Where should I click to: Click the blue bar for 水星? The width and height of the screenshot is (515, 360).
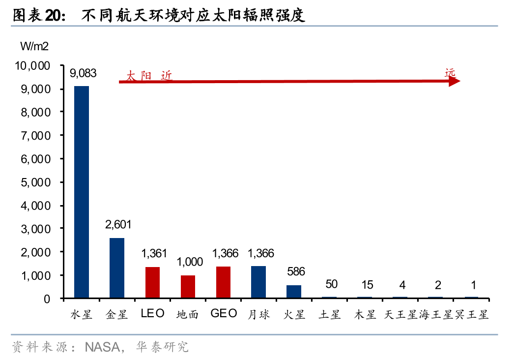click(x=82, y=192)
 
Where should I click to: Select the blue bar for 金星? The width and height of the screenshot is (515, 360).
click(x=117, y=268)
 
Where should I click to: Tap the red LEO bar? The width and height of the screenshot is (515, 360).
click(x=152, y=282)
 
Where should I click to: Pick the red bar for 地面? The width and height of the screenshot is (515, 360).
click(x=188, y=287)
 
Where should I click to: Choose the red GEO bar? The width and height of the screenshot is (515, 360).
click(x=223, y=282)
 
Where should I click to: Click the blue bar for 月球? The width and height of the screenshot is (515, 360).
click(x=258, y=282)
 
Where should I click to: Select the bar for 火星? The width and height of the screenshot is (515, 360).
click(x=294, y=292)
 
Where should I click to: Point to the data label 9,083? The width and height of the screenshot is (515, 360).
click(x=83, y=74)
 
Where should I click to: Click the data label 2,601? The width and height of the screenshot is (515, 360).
click(x=118, y=225)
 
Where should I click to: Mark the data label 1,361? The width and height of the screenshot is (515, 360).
click(x=154, y=254)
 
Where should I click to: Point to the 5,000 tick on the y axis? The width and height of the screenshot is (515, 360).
click(x=34, y=182)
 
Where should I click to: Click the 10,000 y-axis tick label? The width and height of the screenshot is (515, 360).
click(x=32, y=65)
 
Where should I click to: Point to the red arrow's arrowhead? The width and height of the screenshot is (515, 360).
click(x=455, y=82)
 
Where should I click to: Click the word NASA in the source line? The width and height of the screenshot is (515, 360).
click(x=102, y=347)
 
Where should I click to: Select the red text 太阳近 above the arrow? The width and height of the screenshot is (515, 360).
click(x=149, y=76)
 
